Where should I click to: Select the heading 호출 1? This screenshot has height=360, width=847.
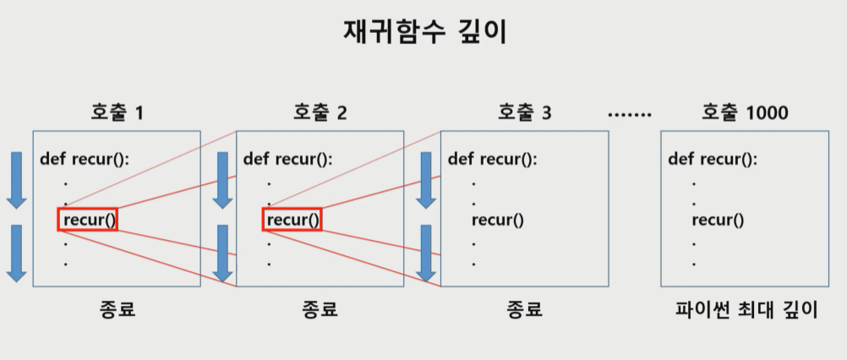(117, 112)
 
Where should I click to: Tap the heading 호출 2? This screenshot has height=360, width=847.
(320, 112)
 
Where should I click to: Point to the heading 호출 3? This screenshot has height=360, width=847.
(524, 112)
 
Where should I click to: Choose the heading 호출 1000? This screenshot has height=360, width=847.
(745, 112)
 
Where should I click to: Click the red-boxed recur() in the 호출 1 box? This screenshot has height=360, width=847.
(88, 221)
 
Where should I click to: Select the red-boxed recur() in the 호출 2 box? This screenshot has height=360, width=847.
(292, 221)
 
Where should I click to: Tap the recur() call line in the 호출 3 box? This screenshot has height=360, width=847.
(498, 221)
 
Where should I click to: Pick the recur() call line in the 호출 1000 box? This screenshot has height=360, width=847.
(718, 221)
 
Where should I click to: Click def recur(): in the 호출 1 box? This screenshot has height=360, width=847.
(85, 159)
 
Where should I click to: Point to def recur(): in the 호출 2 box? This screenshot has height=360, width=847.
(287, 159)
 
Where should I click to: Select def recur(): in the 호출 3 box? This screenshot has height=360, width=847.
(492, 159)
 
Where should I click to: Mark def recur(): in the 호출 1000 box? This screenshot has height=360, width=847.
(713, 159)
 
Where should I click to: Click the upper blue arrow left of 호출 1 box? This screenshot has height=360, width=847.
(16, 179)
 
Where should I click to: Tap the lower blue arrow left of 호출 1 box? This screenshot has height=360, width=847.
(16, 252)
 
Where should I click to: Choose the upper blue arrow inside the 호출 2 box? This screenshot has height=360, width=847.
(221, 179)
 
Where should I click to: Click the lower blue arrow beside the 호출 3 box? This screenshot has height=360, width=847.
(426, 252)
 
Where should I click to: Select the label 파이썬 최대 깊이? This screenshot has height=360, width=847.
(746, 309)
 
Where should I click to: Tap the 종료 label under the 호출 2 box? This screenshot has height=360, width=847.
(320, 309)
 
